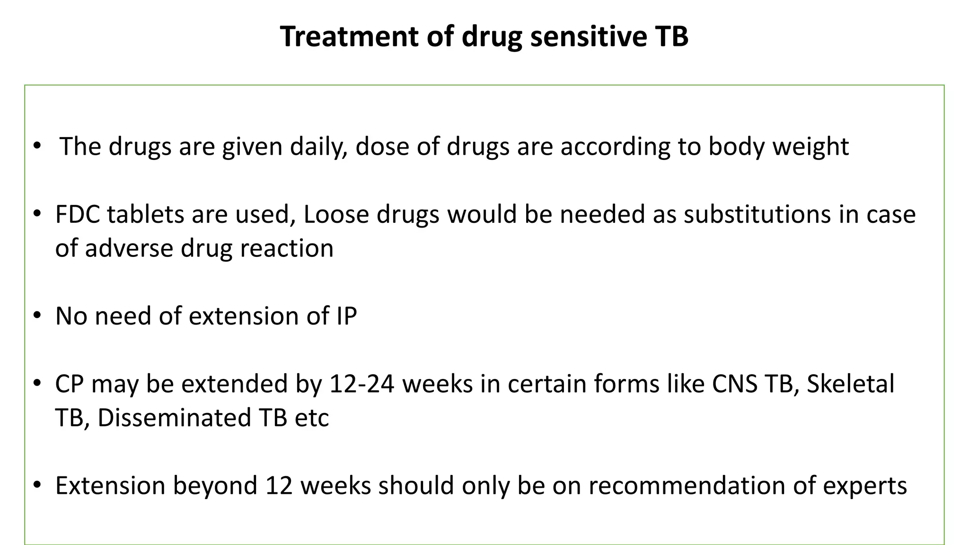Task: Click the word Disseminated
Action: click(174, 417)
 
